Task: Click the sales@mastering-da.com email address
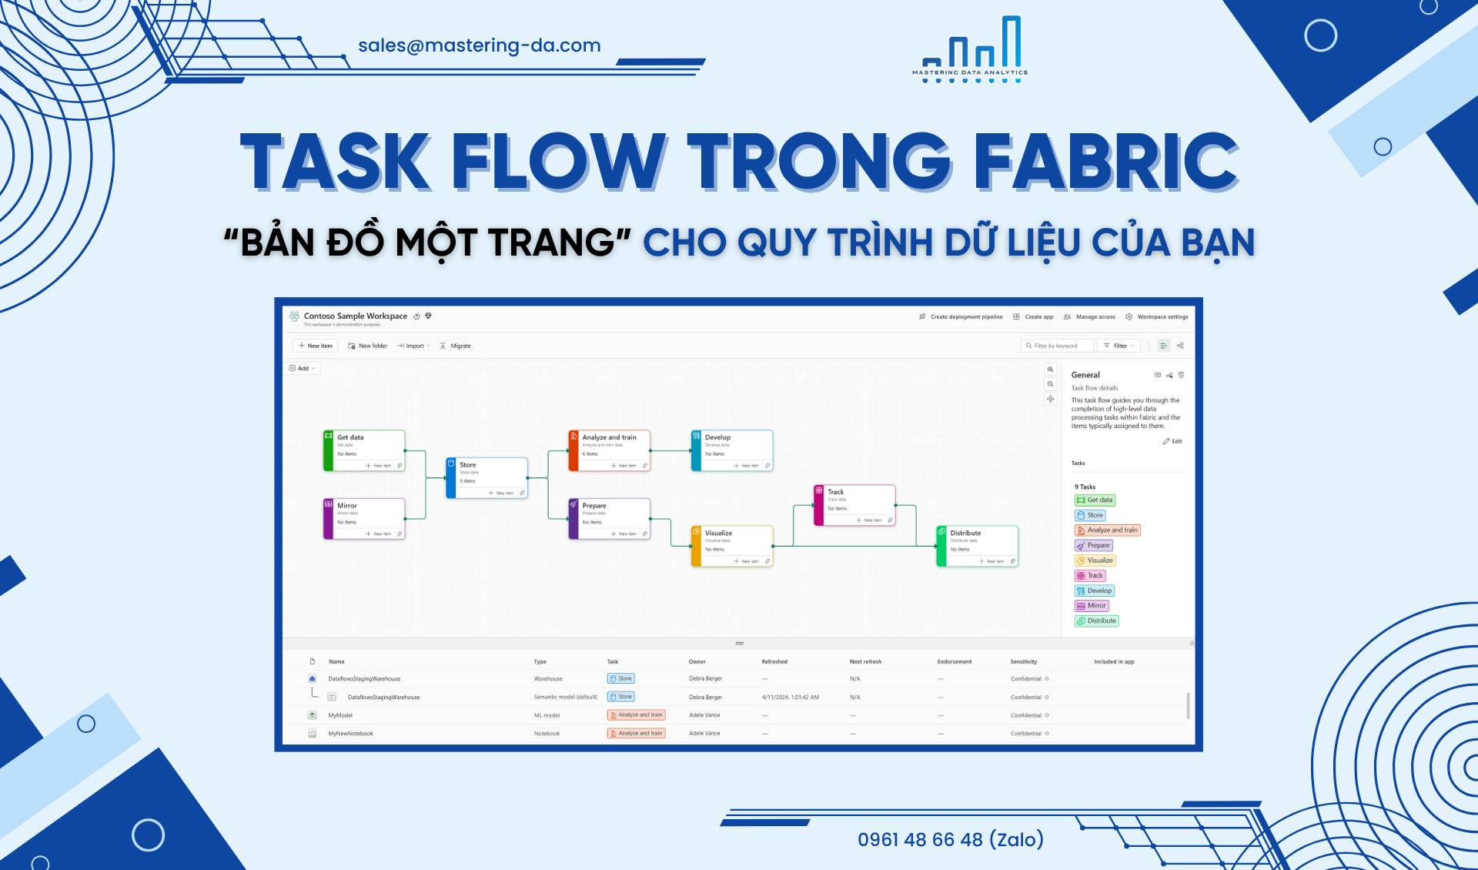pos(479,45)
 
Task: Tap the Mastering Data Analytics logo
pos(970,50)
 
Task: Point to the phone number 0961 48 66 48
pos(950,839)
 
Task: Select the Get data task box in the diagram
pos(364,450)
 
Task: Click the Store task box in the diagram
pos(487,477)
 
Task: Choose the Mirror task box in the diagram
pos(364,518)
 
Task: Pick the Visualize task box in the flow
pos(732,546)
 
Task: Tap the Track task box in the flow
pos(854,505)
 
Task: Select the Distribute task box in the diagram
pos(978,546)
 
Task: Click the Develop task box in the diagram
pos(732,450)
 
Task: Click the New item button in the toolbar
pos(316,346)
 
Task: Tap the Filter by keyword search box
pos(1057,346)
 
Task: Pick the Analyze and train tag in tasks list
pos(1107,530)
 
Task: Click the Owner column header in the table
pos(697,661)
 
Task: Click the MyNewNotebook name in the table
pos(350,734)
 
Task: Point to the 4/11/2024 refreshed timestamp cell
pos(790,697)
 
